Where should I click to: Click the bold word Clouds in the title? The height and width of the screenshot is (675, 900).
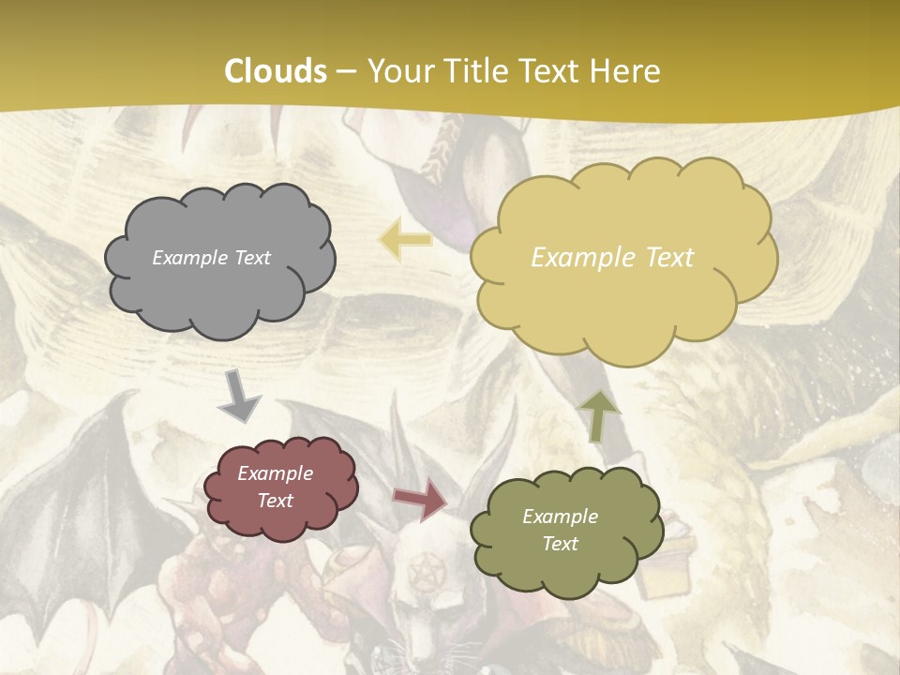(276, 71)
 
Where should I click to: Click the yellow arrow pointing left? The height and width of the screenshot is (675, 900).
(405, 240)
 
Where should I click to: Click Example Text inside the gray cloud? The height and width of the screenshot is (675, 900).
(211, 258)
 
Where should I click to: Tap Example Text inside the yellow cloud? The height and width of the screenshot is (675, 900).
(612, 258)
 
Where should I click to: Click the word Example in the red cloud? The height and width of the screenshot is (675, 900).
(275, 473)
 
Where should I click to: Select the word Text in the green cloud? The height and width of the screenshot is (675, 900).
(560, 544)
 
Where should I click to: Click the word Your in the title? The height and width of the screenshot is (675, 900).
(397, 71)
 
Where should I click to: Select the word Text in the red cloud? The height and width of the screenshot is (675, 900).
(275, 501)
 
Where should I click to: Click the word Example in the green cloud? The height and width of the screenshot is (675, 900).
(560, 517)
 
